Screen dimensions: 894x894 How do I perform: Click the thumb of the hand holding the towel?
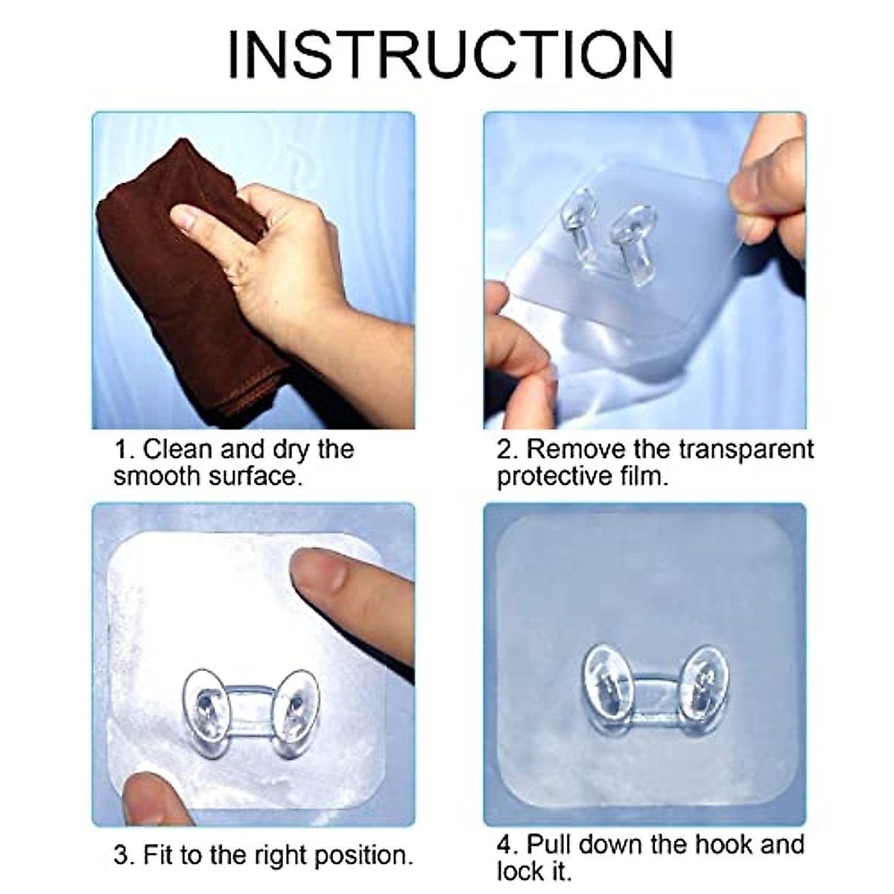click(205, 218)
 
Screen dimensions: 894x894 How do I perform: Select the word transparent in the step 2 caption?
click(746, 450)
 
